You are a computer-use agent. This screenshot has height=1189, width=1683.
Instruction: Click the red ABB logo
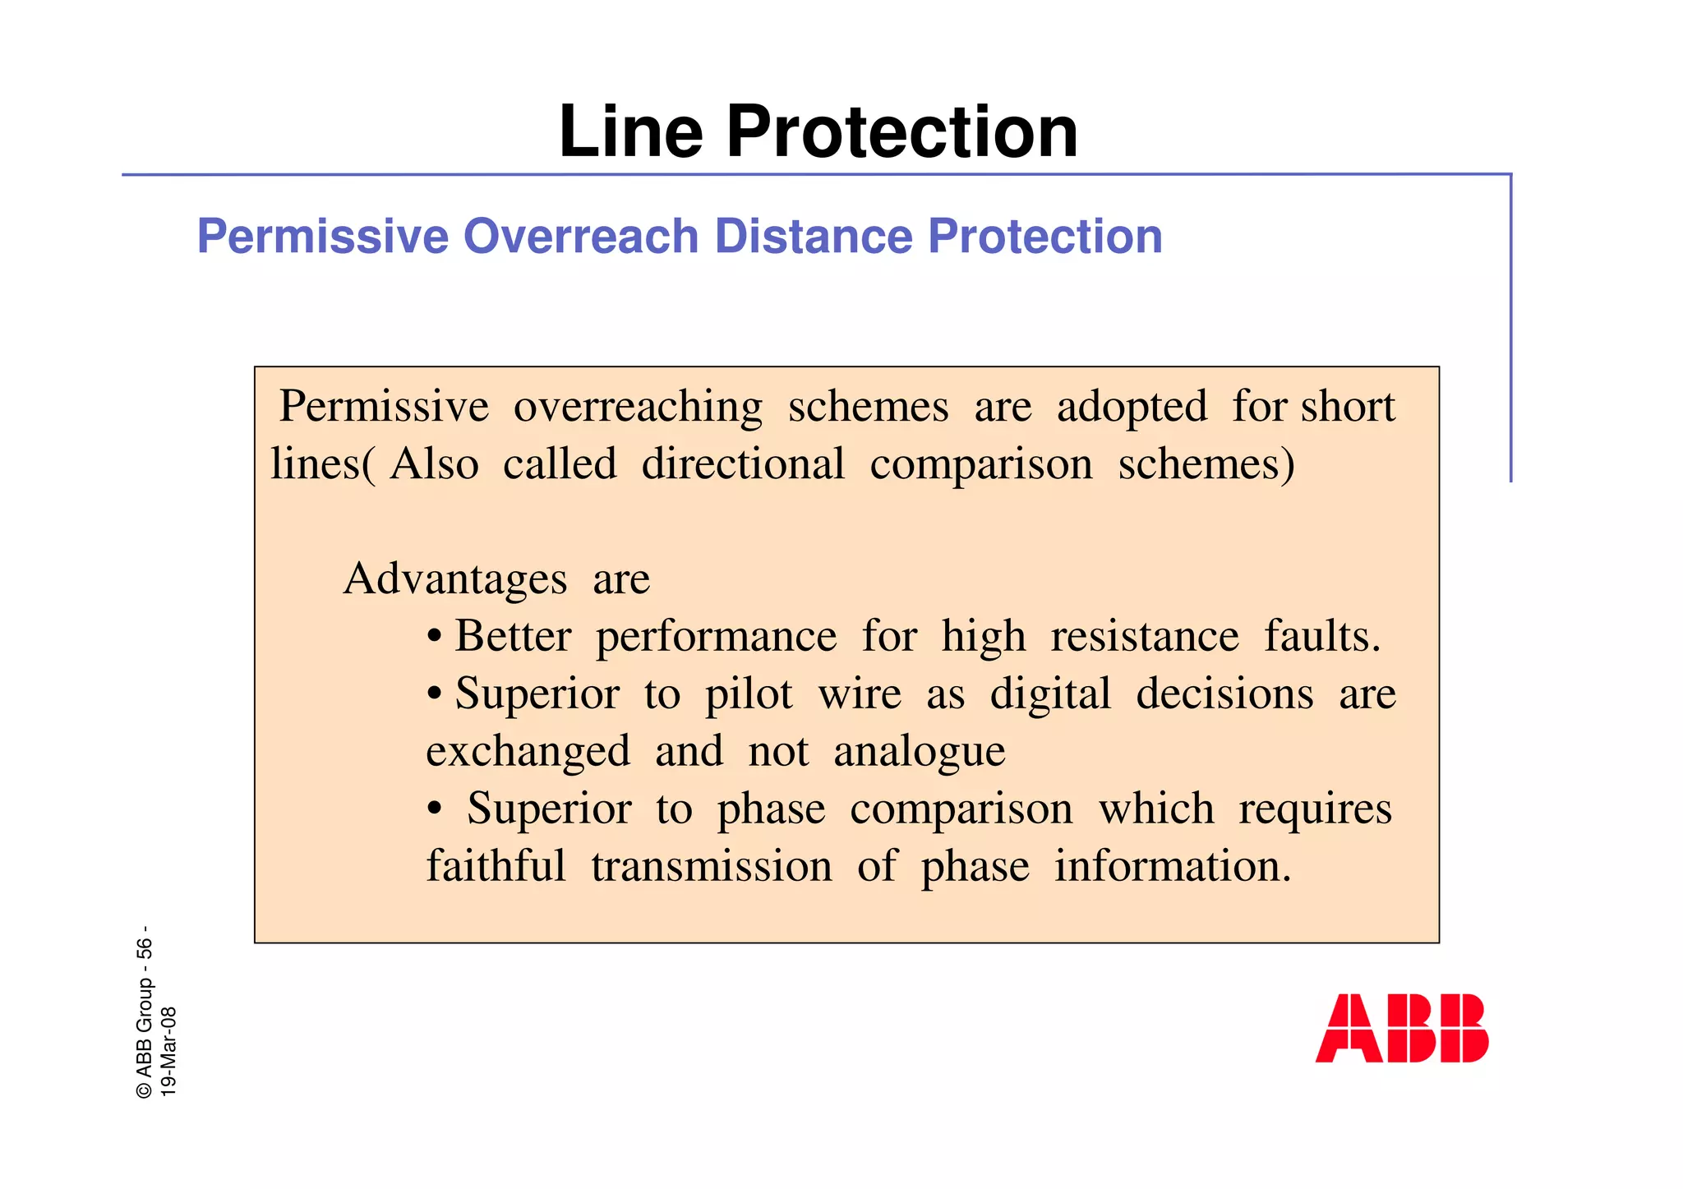coord(1401,1028)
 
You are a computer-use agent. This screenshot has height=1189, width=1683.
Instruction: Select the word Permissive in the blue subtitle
coord(322,237)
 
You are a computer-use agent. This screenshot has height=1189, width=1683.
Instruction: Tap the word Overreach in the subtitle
coord(581,237)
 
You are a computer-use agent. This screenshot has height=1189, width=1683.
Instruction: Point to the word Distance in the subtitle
coord(813,237)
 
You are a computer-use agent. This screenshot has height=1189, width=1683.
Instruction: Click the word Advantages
coord(455,578)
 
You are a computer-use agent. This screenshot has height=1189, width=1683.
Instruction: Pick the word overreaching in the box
coord(638,408)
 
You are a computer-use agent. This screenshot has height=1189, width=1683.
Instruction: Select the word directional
coord(743,464)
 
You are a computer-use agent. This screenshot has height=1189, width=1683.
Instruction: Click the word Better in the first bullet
coord(513,636)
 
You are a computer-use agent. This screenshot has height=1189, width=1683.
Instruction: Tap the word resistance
coord(1145,636)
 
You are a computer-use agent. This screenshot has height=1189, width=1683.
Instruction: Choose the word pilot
coord(749,694)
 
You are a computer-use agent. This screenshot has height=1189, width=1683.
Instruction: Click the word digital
coord(1050,694)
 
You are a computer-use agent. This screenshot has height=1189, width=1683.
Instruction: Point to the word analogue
coord(920,753)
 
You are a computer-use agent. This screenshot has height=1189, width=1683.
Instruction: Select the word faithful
coord(496,866)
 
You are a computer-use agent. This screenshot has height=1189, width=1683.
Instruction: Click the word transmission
coord(712,867)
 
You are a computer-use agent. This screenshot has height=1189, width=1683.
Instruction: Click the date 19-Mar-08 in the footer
coord(168,1051)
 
